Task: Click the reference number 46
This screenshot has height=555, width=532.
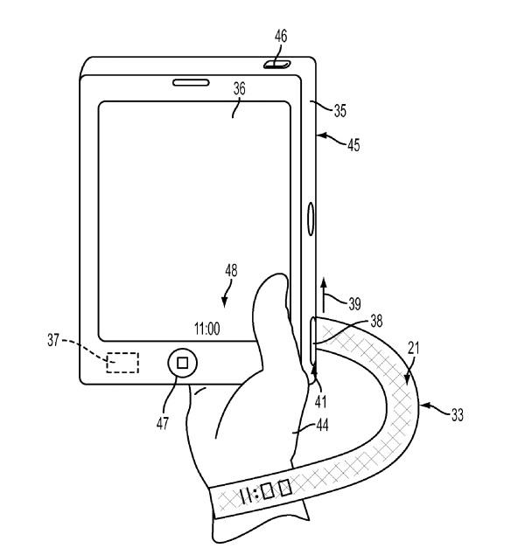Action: pos(281,36)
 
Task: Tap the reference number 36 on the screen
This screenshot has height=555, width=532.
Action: pos(239,88)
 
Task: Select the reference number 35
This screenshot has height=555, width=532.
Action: pos(339,111)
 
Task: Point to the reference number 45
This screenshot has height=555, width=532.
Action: pos(353,145)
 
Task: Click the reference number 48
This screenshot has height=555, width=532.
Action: pos(231,271)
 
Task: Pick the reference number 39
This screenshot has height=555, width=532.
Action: pos(354,304)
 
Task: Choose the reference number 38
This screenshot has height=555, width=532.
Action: pos(376,321)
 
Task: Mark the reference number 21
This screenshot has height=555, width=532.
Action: pos(414,348)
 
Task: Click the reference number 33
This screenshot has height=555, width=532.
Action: pos(458,415)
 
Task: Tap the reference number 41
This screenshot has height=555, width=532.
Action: pos(321,402)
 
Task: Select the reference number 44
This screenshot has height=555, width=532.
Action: pos(322,425)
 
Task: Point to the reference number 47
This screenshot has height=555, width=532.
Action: pos(163,423)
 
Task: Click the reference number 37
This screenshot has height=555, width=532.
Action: pos(53,341)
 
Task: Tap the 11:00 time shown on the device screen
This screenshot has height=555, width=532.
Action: pos(207,329)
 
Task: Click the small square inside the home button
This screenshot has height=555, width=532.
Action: pos(183,363)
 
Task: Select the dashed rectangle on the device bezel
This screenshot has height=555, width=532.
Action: pos(122,363)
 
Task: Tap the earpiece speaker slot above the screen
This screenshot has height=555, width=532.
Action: pos(191,82)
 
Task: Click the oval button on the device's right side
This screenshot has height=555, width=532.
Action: pos(311,219)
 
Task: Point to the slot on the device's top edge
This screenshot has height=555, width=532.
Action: pos(277,65)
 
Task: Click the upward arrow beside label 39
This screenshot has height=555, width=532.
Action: pos(323,295)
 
